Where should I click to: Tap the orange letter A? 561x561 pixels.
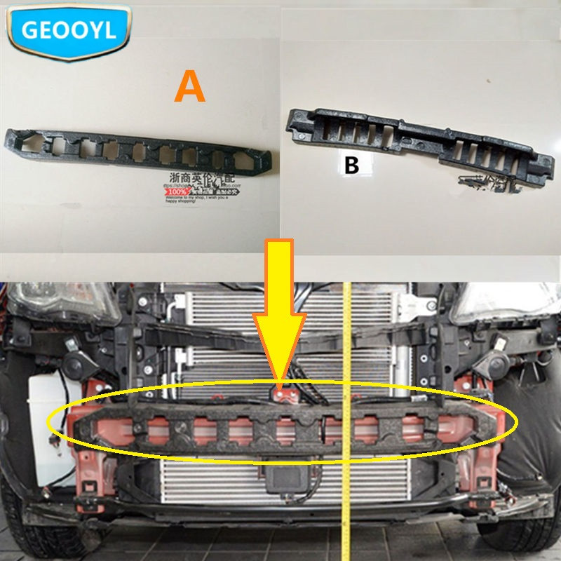tap(189, 88)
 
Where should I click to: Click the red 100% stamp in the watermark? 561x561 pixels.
tap(178, 191)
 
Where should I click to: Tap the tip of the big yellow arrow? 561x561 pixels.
tap(280, 382)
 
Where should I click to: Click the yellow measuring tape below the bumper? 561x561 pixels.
tap(345, 519)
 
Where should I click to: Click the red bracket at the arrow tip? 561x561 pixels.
tap(283, 394)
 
